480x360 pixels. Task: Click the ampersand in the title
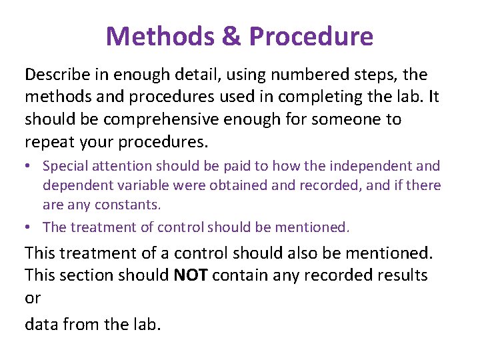pyautogui.click(x=231, y=36)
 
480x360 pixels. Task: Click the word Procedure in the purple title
pyautogui.click(x=311, y=36)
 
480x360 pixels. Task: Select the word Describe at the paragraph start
pyautogui.click(x=55, y=74)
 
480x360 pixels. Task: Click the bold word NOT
pyautogui.click(x=192, y=275)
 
